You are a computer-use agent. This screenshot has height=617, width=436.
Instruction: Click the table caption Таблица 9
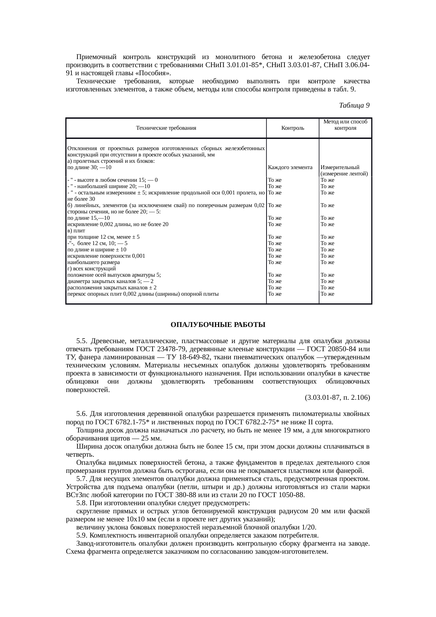click(x=354, y=105)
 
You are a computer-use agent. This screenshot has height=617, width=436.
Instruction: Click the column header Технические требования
click(x=166, y=128)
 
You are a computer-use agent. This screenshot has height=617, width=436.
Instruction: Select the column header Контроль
click(x=293, y=128)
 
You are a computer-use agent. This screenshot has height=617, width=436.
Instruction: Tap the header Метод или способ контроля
click(x=345, y=125)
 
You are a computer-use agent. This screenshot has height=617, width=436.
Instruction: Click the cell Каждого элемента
click(x=290, y=167)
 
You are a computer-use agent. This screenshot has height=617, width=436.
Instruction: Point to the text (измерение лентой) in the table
click(x=344, y=174)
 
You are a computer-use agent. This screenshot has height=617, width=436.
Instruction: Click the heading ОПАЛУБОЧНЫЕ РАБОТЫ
click(x=218, y=325)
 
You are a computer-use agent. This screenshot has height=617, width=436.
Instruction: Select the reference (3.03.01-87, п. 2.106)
click(x=337, y=398)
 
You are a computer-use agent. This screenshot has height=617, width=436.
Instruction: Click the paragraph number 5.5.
click(x=81, y=341)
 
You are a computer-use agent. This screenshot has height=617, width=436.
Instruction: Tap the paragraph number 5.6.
click(x=81, y=414)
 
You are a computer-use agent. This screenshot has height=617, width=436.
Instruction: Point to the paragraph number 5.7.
click(x=81, y=479)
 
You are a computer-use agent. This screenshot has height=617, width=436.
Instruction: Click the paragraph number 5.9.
click(x=81, y=535)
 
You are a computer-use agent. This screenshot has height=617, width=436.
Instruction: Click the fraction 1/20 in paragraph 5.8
click(x=308, y=527)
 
